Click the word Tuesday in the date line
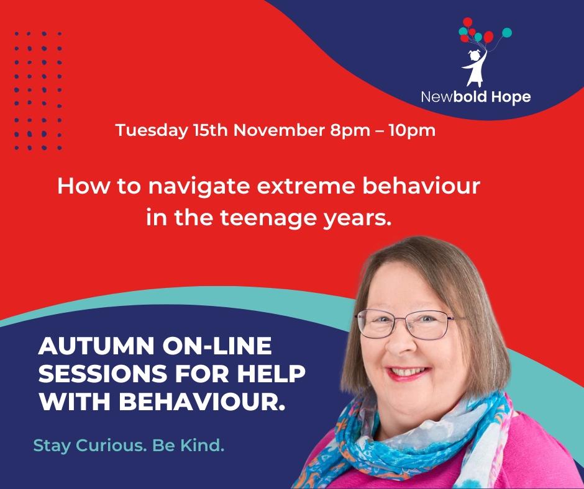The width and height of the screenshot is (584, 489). tap(152, 131)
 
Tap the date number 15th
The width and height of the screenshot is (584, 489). tap(211, 130)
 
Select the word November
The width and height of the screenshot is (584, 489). tap(279, 130)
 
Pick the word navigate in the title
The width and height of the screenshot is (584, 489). tap(199, 187)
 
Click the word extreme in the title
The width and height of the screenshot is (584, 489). tap(306, 186)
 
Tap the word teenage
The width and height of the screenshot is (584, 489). tap(268, 218)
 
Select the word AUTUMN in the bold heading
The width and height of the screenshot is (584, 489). tap(96, 346)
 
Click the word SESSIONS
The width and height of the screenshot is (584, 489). tap(103, 374)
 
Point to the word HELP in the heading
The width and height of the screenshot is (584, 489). tap(271, 374)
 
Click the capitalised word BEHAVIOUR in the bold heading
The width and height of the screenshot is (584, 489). tap(201, 402)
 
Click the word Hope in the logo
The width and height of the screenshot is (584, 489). tap(511, 97)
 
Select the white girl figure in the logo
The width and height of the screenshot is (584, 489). tap(474, 68)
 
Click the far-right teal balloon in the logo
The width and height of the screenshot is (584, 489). tap(507, 33)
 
